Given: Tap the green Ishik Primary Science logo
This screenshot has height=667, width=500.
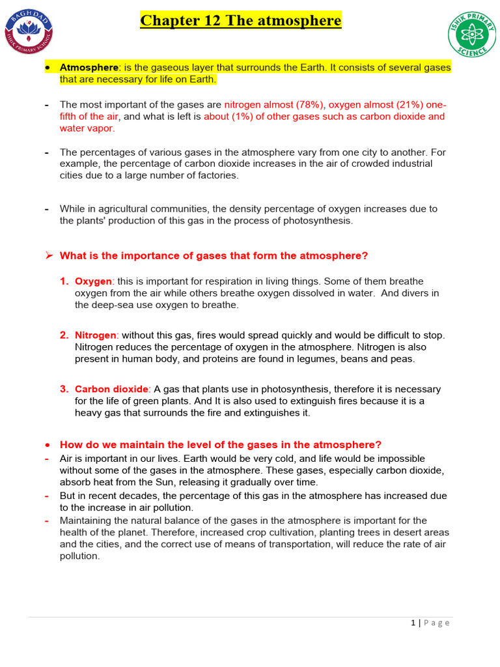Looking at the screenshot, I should pos(471,35).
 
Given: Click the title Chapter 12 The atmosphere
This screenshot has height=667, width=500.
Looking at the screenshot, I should pos(241,21).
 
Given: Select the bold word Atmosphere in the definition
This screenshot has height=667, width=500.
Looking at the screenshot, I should pos(89,68).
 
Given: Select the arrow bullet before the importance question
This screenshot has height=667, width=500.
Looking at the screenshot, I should pos(48,255).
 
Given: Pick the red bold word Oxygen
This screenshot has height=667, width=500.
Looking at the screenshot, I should pos(94,281).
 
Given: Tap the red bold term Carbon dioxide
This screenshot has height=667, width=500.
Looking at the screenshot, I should pos(112,389).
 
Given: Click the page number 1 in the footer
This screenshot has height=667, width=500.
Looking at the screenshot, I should pos(413,623).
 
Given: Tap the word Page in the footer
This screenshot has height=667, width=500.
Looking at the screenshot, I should pos(436,623).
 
